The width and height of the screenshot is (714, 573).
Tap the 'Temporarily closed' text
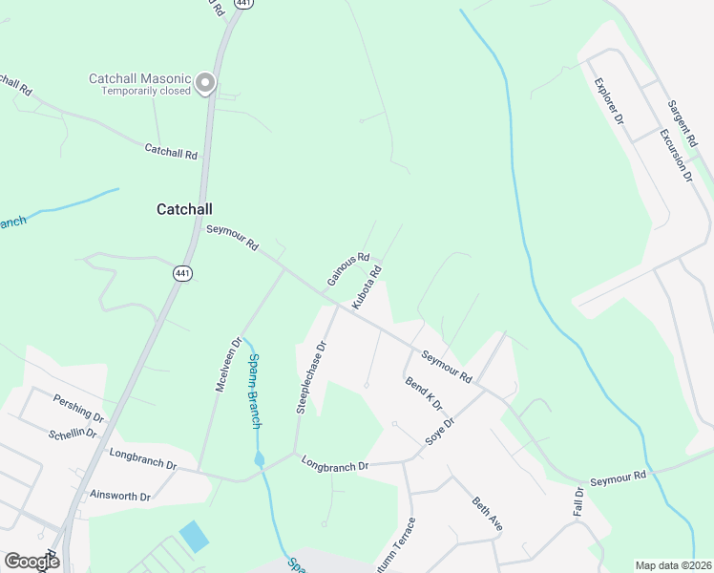[x=141, y=93]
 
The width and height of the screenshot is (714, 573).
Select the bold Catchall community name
[x=184, y=208]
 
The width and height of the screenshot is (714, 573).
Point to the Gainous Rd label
[x=348, y=268]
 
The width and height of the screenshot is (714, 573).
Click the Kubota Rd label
[x=367, y=286]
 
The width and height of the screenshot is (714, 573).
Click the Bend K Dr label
[x=424, y=393]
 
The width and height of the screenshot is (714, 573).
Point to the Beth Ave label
[x=488, y=515]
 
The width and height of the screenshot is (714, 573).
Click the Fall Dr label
[x=577, y=503]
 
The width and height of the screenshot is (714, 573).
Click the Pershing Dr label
[x=78, y=408]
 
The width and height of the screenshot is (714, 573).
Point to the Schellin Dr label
[x=73, y=432]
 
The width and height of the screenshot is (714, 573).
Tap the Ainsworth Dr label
[x=119, y=497]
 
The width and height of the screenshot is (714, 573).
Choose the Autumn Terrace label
[x=409, y=543]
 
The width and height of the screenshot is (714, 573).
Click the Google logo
[x=31, y=562]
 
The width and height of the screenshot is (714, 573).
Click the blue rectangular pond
[x=193, y=536]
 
